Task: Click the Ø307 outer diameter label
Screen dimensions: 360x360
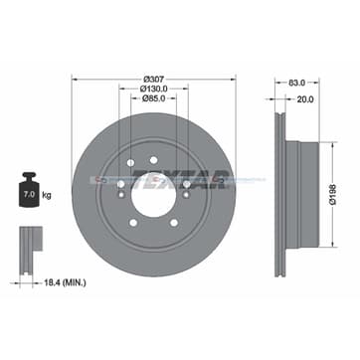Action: (x=154, y=80)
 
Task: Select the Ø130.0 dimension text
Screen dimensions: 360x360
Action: (x=153, y=89)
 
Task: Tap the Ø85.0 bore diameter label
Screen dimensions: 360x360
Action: (x=153, y=98)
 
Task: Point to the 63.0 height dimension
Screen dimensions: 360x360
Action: (x=296, y=83)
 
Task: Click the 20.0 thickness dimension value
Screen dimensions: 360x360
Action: (x=305, y=99)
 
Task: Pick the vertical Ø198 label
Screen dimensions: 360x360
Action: (x=333, y=195)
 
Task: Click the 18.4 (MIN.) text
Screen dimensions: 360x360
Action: (x=65, y=282)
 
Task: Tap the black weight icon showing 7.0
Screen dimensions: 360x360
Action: (x=29, y=190)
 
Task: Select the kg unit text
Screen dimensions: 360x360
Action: (x=47, y=195)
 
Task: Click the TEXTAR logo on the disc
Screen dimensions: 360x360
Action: (x=181, y=179)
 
